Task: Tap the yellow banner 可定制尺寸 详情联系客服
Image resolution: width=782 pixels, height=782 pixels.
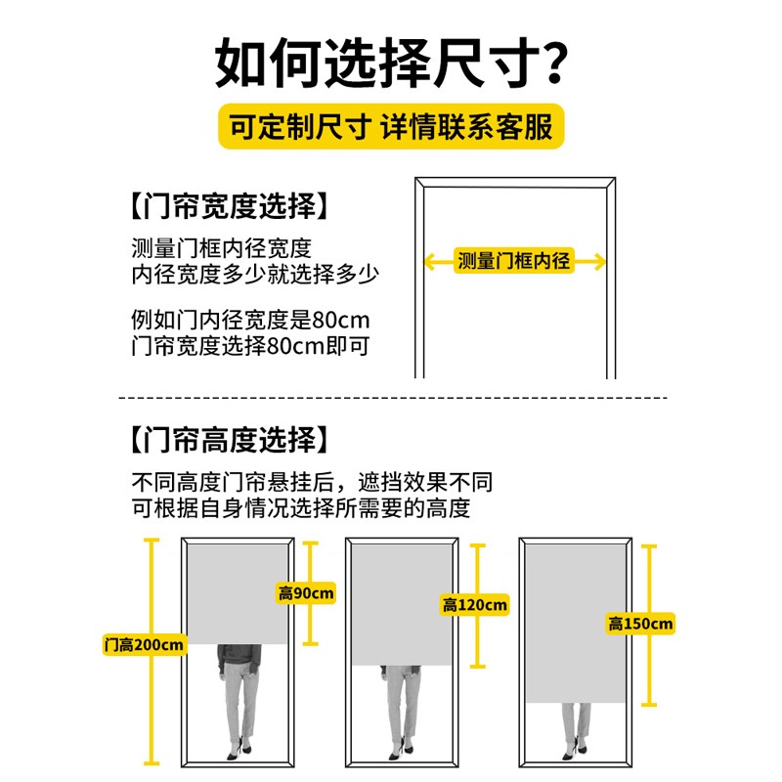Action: point(391,128)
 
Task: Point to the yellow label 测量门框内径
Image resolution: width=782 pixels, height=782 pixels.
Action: point(514,261)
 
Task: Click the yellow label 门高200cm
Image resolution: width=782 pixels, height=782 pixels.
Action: point(144,645)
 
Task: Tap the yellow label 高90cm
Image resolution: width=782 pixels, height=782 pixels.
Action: point(306,592)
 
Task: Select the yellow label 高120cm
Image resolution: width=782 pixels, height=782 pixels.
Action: point(475,605)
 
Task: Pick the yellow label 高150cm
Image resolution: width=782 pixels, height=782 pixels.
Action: point(640,624)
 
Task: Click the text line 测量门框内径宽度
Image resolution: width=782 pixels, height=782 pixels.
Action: point(222,247)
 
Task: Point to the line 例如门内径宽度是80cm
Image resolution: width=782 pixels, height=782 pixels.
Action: point(250,321)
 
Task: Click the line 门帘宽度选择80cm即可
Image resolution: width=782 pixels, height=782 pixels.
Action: point(250,346)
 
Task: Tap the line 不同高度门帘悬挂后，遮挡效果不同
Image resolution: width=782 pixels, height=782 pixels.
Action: point(312,483)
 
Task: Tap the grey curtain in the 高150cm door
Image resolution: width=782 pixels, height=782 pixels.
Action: point(575,623)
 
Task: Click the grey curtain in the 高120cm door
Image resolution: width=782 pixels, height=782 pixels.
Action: point(401,605)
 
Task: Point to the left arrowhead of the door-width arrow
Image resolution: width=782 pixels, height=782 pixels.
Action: point(428,261)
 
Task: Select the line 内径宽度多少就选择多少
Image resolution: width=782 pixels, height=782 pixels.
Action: point(254,273)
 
